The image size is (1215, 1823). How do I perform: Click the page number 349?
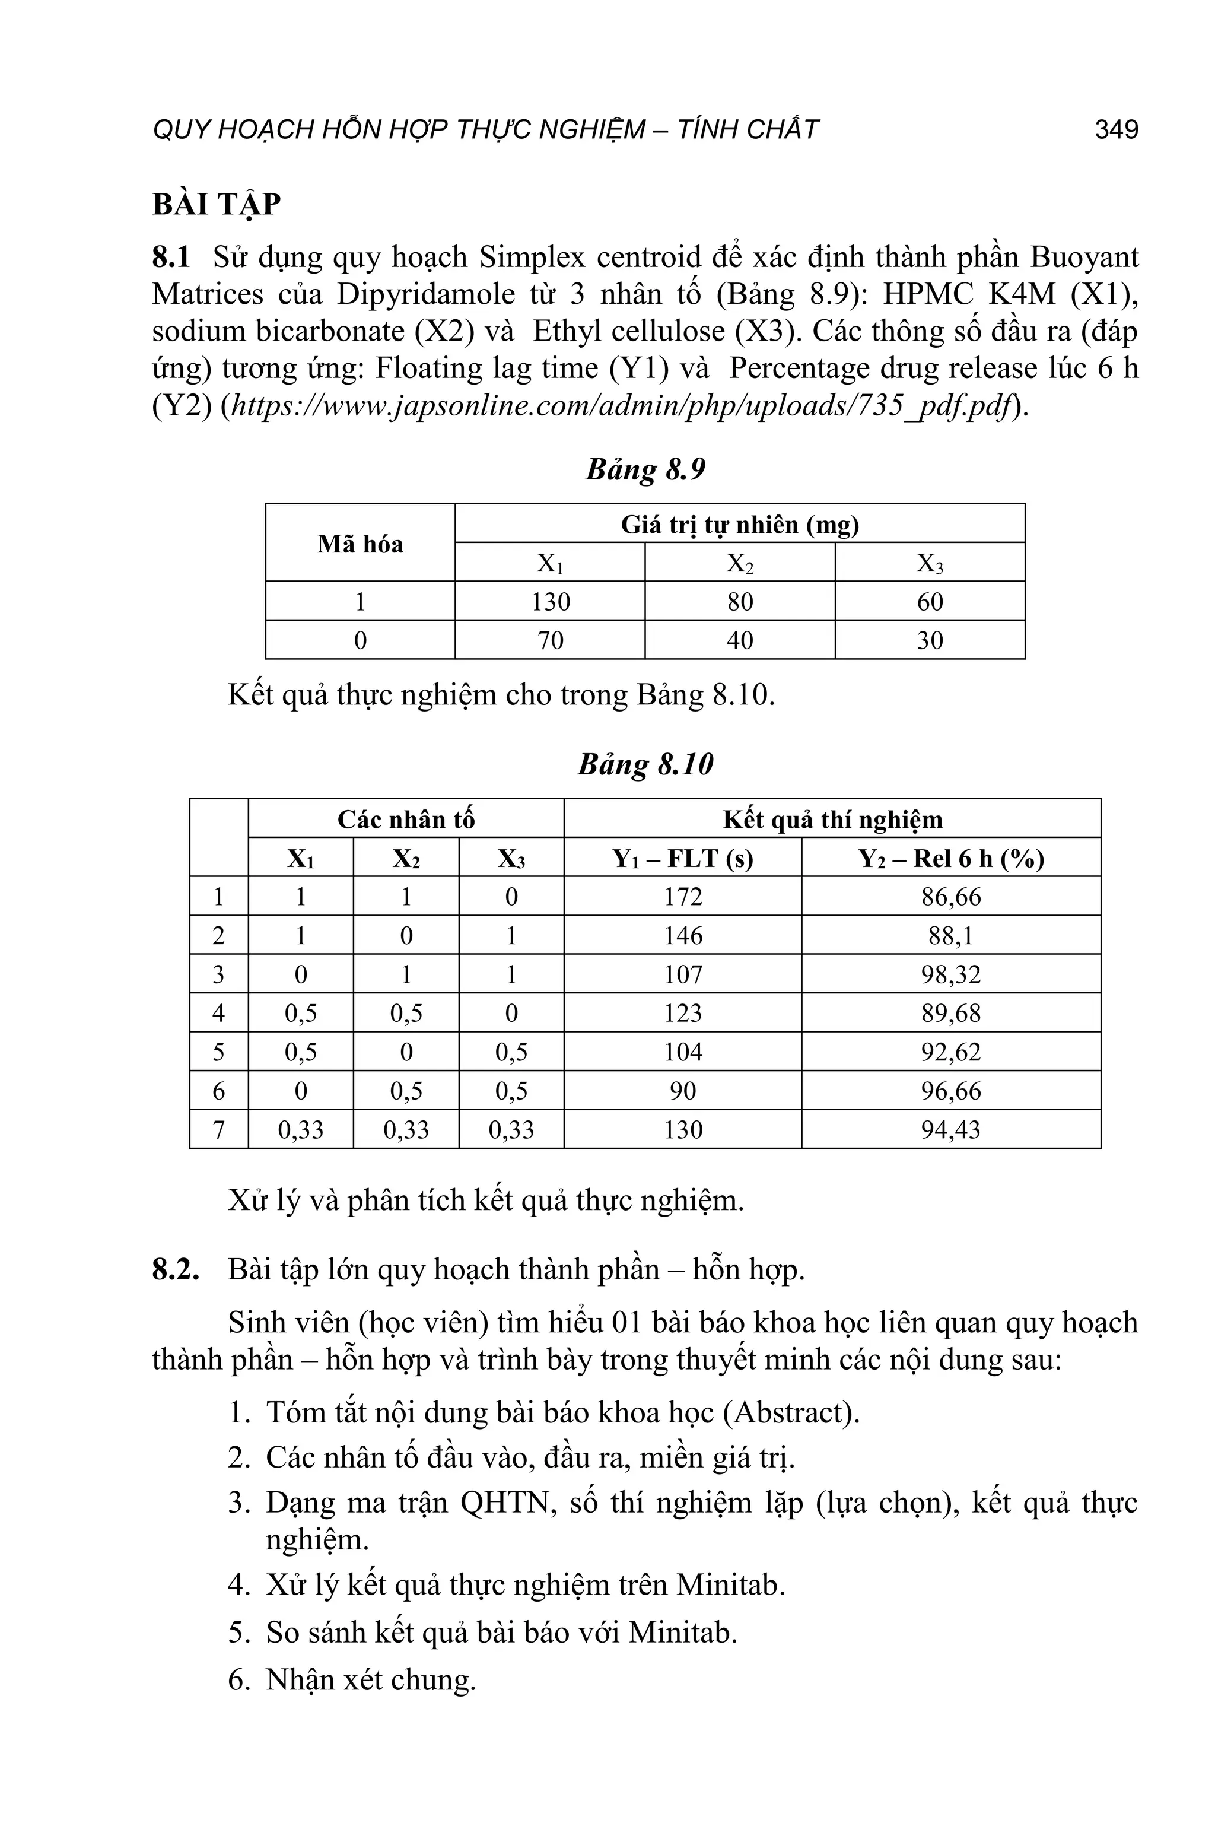point(1116,129)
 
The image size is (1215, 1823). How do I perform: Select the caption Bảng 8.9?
point(645,470)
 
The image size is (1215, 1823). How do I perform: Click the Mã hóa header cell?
point(360,544)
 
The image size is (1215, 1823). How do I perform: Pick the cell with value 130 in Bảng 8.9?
point(550,602)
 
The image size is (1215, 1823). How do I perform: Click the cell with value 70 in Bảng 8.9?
point(550,640)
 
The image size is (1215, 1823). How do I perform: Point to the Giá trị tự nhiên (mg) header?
point(739,525)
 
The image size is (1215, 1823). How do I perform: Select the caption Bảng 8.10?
point(645,764)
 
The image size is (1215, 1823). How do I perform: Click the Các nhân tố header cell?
point(405,820)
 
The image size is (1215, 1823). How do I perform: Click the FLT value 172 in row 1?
point(683,897)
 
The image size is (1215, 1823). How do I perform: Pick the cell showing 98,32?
point(951,974)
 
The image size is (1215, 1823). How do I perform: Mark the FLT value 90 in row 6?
point(683,1091)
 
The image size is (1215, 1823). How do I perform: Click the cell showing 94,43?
point(951,1130)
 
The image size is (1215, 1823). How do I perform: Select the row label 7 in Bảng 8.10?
point(218,1130)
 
